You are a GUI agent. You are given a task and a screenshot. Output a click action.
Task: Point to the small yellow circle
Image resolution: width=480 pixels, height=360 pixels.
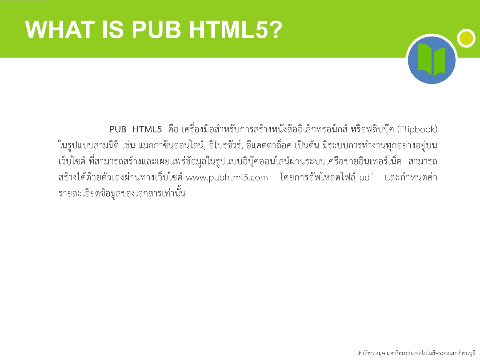click(466, 38)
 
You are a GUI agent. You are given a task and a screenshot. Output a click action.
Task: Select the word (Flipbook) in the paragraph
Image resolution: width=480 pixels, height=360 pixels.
click(417, 130)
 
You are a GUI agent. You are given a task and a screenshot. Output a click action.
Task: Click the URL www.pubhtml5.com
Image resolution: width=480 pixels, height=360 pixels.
click(227, 178)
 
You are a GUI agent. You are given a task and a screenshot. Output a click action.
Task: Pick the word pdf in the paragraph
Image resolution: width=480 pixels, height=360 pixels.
click(366, 178)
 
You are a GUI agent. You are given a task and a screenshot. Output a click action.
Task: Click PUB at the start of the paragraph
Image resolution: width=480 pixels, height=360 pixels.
click(118, 130)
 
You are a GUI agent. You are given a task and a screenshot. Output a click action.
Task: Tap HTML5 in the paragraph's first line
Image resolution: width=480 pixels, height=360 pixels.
click(147, 130)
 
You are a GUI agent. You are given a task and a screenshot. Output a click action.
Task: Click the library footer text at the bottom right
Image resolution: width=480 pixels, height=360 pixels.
click(416, 353)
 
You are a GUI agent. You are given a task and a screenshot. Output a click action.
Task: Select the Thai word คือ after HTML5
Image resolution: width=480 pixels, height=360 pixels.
click(173, 130)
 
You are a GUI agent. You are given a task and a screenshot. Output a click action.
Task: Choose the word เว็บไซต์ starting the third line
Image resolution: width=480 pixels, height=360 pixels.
click(72, 162)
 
